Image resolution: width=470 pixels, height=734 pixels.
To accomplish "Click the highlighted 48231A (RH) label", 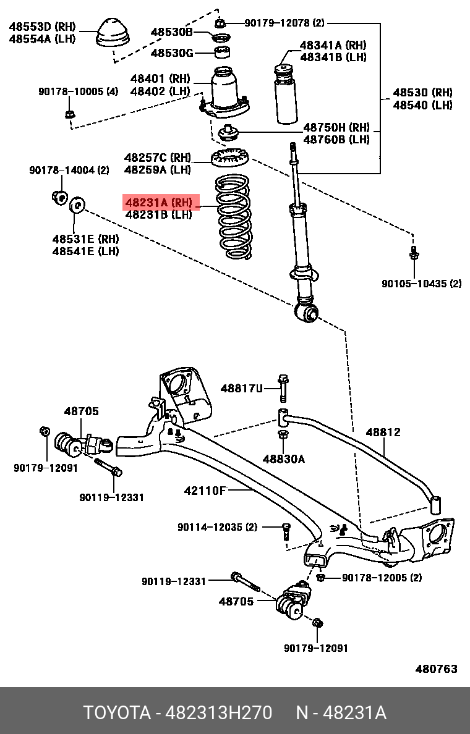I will point(162,202).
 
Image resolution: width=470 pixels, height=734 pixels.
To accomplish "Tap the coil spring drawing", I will point(234,217).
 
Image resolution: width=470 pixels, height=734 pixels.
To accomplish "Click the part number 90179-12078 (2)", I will point(284,23).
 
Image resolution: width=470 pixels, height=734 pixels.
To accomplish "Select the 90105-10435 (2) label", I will point(421,284).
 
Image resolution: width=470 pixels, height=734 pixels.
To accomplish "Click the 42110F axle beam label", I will point(205,491).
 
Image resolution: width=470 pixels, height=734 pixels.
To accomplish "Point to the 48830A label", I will point(283,458).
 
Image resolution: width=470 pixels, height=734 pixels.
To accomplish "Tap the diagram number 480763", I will point(436,669).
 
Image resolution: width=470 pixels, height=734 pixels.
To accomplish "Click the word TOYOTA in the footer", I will point(117,713).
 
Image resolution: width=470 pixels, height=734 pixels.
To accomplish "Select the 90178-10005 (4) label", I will point(78,91).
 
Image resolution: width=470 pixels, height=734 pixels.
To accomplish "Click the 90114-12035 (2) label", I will point(217,527).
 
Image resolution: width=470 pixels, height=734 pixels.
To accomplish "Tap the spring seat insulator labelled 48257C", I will point(229,159).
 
